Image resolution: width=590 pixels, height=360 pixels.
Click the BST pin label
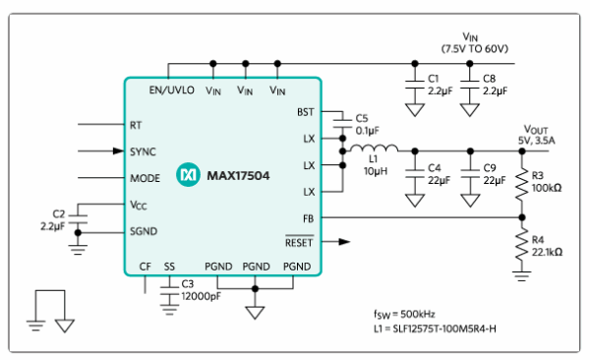coord(305,112)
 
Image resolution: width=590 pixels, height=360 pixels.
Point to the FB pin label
coord(308,217)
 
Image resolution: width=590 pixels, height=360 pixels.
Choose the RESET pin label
coord(298,241)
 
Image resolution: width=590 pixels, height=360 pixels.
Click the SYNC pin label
coord(143,151)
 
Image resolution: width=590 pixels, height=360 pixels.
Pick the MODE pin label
coord(145,178)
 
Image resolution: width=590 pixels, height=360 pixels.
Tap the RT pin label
coord(136,126)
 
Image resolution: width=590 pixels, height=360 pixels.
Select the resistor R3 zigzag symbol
coord(521,184)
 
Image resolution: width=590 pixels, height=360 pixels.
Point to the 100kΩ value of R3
coord(547,188)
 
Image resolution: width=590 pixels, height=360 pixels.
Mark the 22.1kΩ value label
coord(549,252)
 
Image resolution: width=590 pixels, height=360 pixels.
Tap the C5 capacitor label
coord(361,118)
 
